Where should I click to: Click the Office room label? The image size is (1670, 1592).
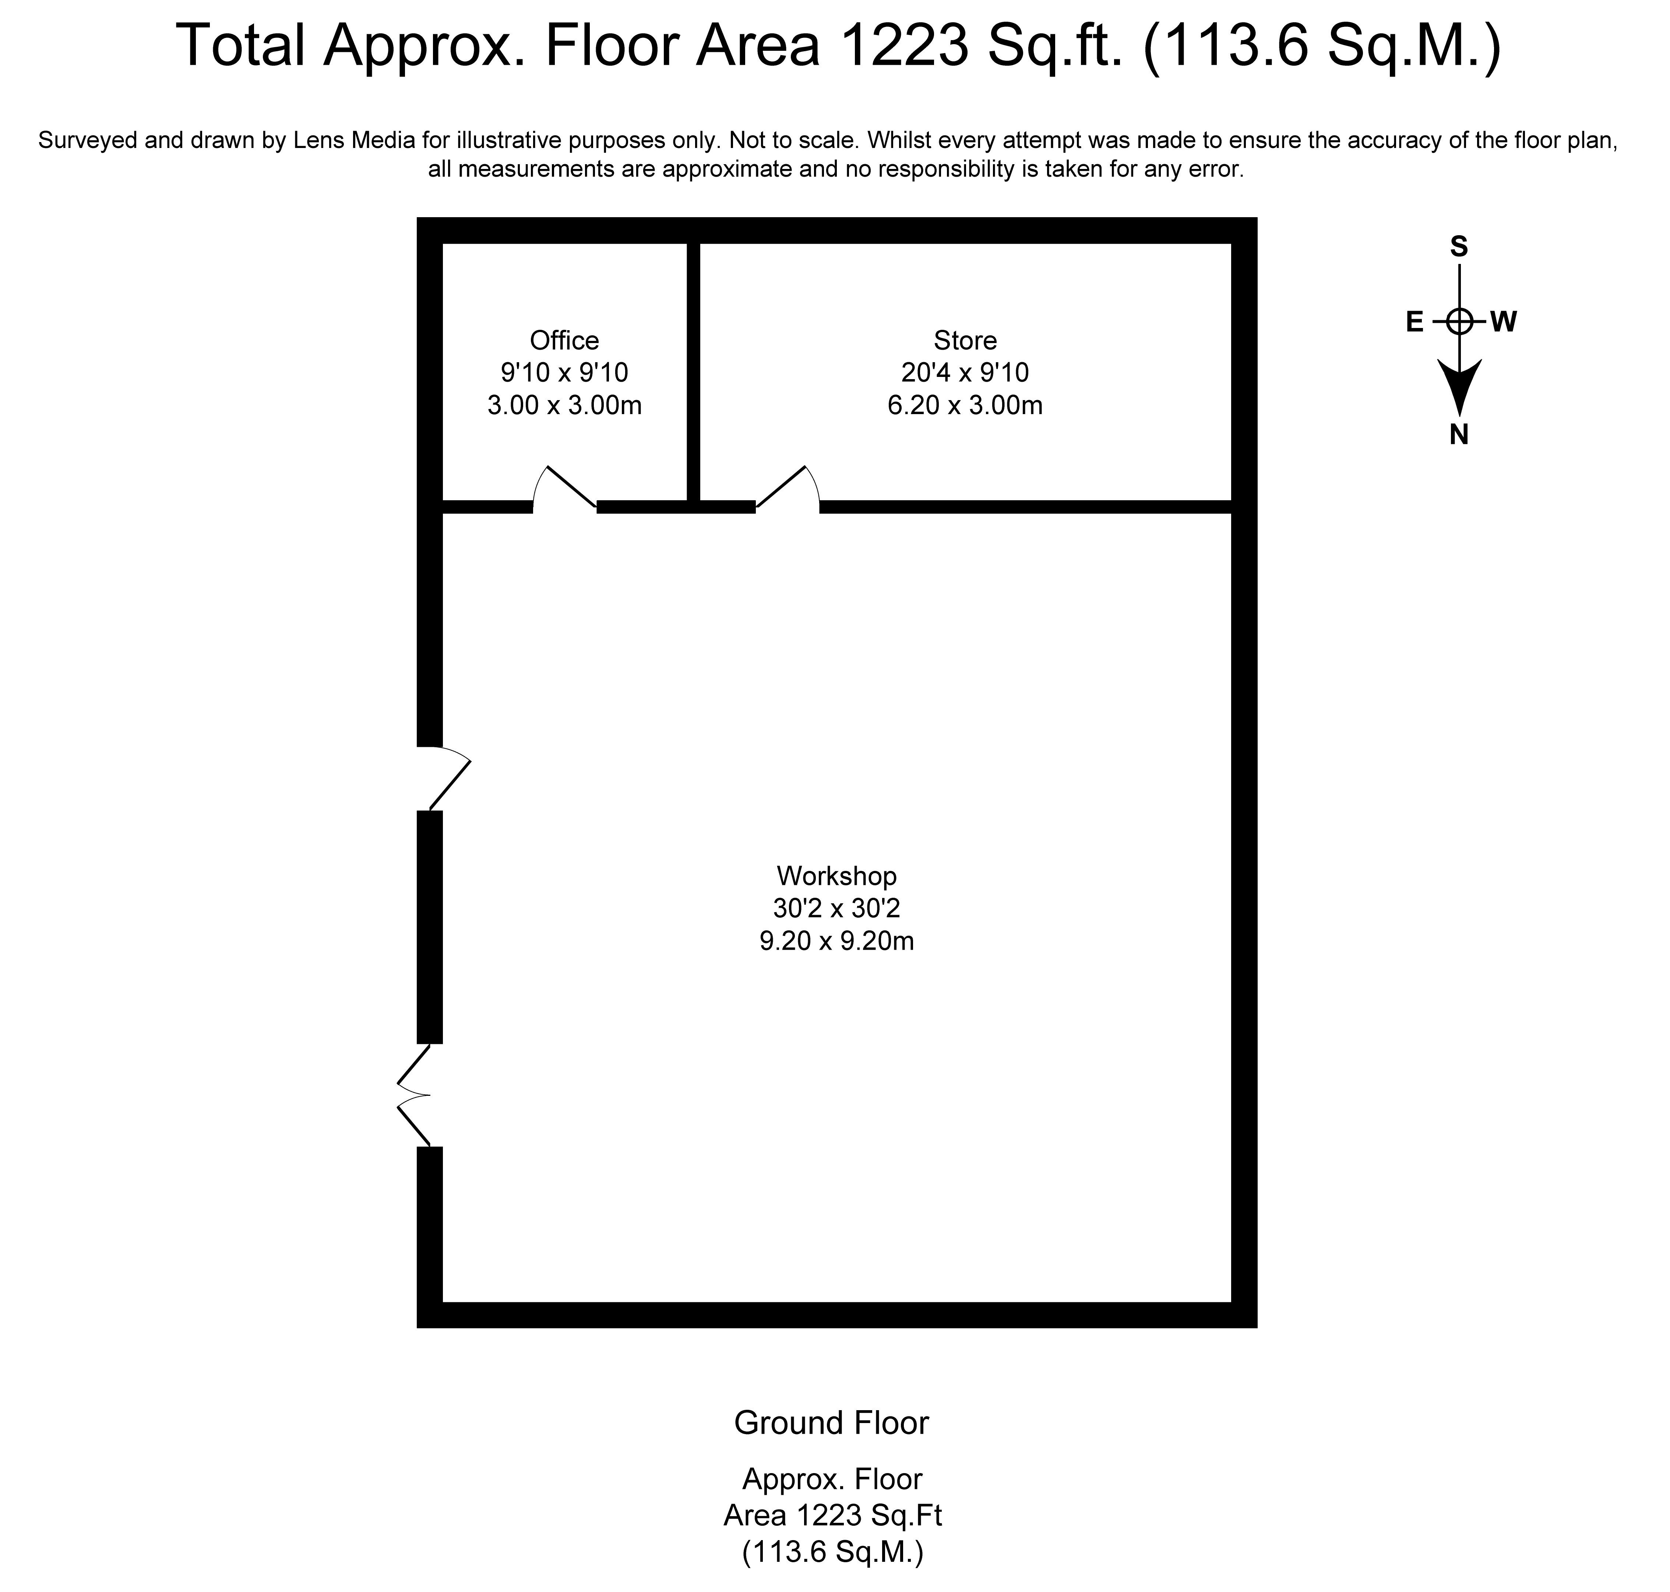pos(564,340)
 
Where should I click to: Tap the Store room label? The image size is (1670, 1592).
pos(965,340)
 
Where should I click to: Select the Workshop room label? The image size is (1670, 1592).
pos(837,876)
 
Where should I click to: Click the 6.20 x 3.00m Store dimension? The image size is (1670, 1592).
pos(965,406)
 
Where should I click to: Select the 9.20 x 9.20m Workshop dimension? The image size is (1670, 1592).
pos(837,941)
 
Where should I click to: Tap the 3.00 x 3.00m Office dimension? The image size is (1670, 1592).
pos(564,406)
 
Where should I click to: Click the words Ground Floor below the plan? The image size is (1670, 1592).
pos(832,1423)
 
